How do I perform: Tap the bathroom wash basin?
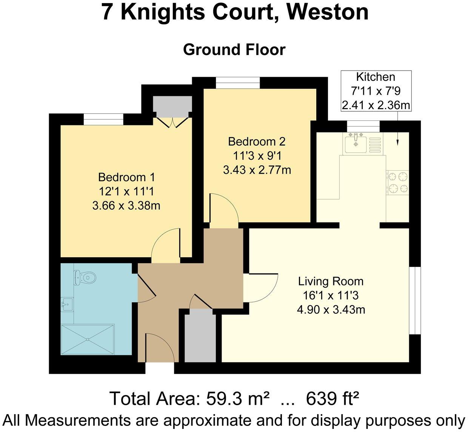pos(67,304)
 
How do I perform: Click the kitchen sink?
pos(355,143)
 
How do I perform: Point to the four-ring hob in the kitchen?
pos(398,182)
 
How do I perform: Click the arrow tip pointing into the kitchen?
pos(397,145)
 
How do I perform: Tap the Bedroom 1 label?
pos(126,177)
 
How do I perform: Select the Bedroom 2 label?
pos(257,142)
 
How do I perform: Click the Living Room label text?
pos(331,281)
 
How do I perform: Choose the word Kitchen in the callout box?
pos(376,77)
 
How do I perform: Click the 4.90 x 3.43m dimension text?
pos(331,310)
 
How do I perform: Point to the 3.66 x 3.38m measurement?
pos(126,206)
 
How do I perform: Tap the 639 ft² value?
pos(332,398)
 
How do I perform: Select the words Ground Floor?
pos(234,50)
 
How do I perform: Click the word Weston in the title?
pos(328,12)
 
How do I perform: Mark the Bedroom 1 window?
pos(103,119)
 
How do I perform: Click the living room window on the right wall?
pos(415,301)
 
